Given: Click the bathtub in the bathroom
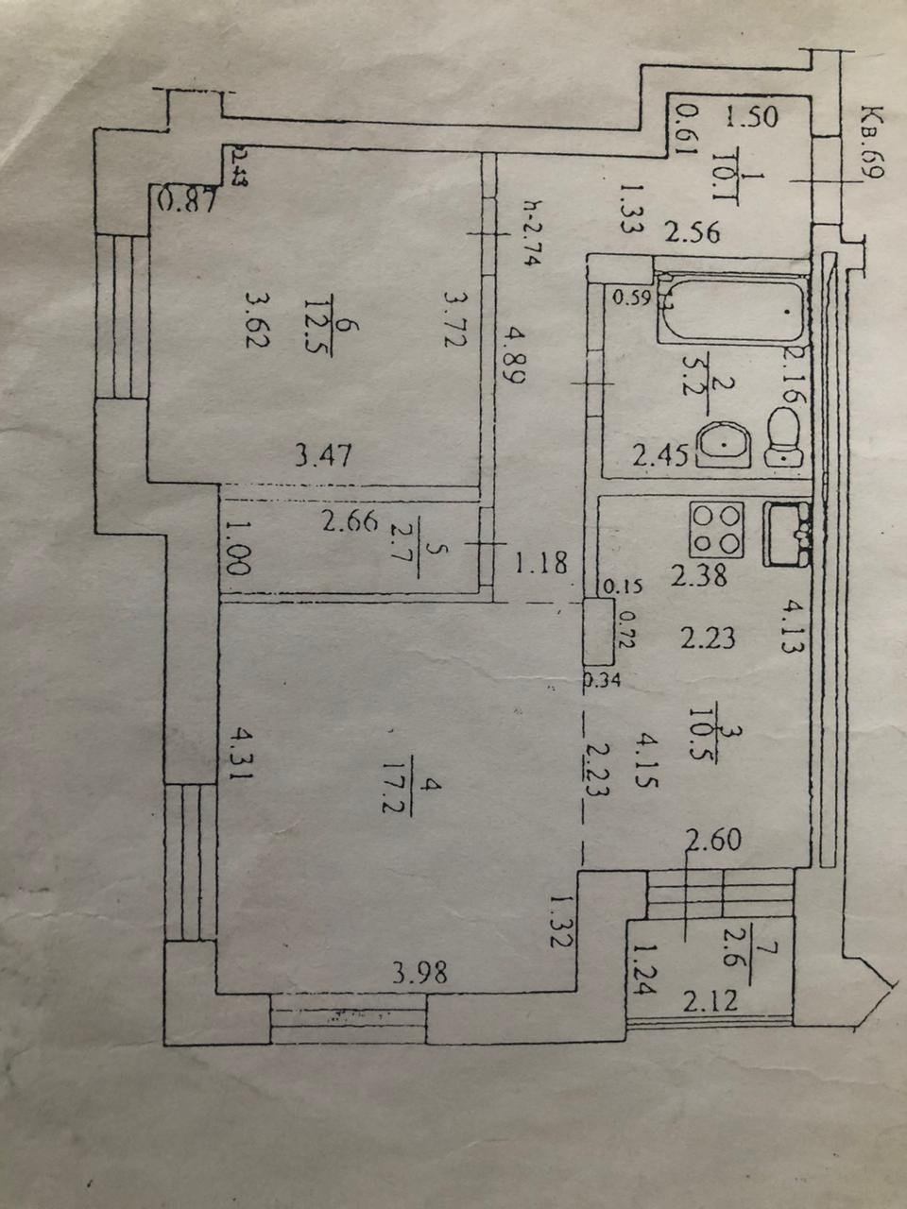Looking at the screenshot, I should pos(732,309).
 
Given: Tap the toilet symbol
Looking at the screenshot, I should pos(783,435).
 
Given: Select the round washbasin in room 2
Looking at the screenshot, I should pos(725,443).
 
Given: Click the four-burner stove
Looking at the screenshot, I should pos(718,530).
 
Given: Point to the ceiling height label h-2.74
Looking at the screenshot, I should pos(528,231).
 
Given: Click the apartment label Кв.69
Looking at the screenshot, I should pos(869,145).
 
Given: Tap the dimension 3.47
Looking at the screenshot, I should pos(323,456).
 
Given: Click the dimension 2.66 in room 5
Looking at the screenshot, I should pos(350,521).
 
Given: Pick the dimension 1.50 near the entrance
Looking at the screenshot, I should pos(751,118).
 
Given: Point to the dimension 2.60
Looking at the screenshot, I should pos(713,839).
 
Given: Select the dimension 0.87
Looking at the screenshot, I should pos(188,199).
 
